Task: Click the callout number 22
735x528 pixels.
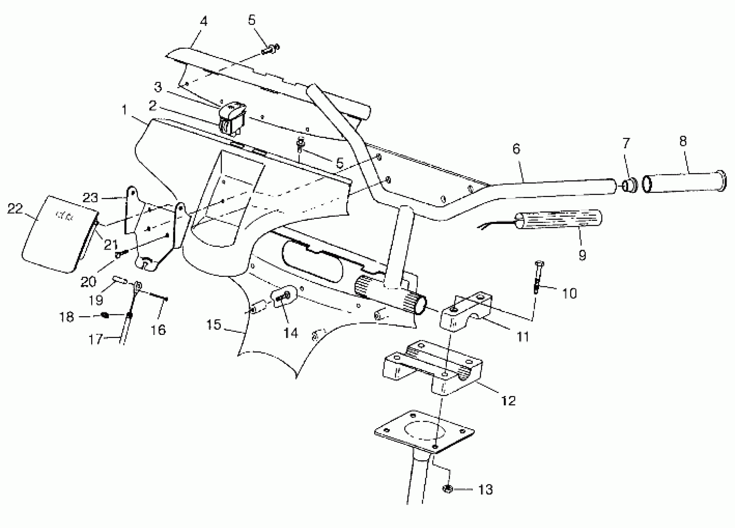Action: point(15,209)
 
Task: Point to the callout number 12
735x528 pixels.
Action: point(508,401)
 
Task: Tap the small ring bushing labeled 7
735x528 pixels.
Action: point(630,185)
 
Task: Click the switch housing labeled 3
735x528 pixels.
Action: point(232,118)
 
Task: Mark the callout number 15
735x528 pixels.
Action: point(214,324)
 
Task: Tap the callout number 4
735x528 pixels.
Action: point(203,21)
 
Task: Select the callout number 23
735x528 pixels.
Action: point(90,198)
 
